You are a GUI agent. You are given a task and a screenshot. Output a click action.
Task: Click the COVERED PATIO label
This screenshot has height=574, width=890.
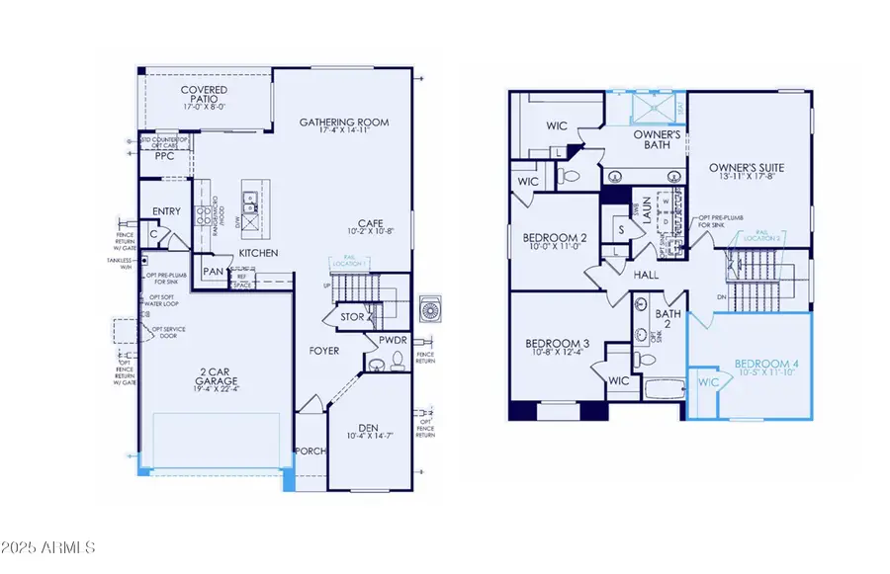click(x=203, y=91)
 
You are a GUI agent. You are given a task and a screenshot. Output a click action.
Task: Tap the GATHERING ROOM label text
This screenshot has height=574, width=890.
click(x=344, y=123)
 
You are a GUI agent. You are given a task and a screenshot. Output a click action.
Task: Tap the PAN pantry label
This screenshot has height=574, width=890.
click(x=214, y=271)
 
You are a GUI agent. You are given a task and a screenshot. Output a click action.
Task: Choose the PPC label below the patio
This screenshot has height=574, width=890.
click(x=164, y=155)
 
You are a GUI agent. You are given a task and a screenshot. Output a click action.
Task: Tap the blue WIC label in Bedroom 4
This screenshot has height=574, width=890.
click(x=708, y=380)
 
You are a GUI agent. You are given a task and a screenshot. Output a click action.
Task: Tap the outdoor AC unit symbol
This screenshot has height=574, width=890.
click(x=431, y=309)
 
